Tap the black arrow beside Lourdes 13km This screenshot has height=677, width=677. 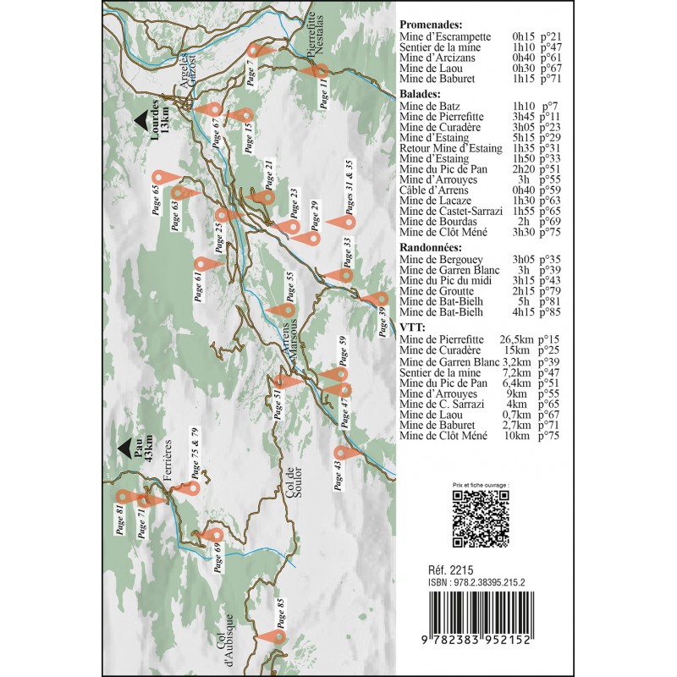(x=140, y=122)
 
